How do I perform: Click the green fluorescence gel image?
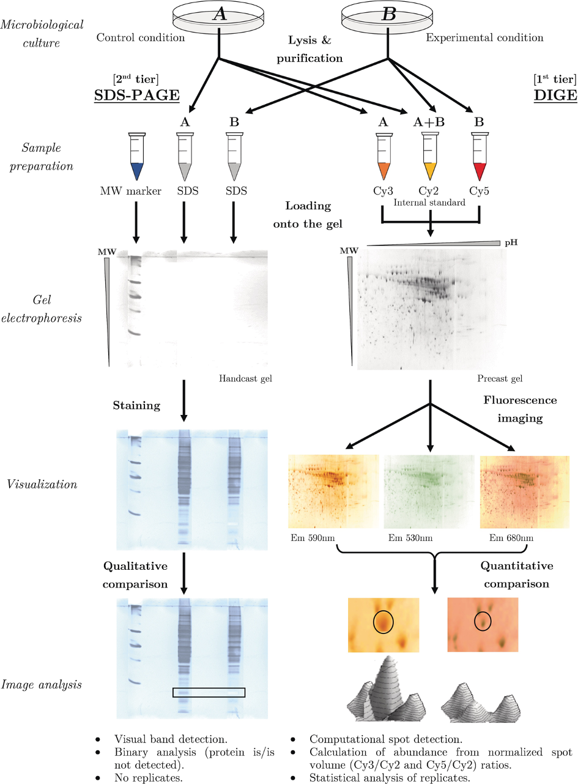428,491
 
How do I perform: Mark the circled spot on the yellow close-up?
383,622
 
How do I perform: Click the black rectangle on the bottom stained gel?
209,692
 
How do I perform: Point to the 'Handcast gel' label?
245,378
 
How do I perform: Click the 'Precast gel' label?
500,378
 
